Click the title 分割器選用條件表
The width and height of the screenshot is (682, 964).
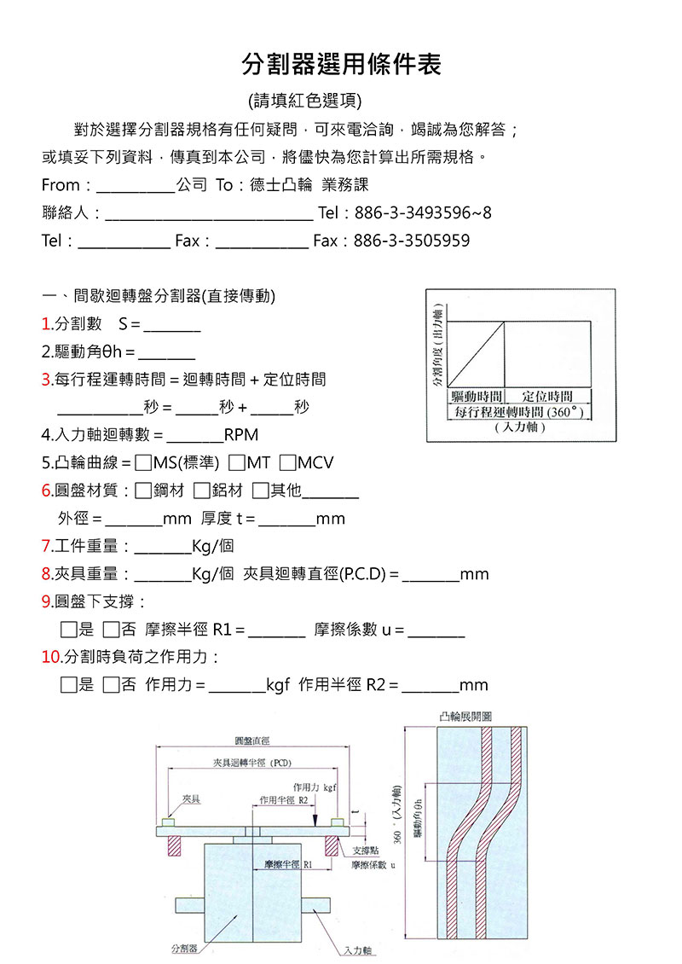[x=341, y=63]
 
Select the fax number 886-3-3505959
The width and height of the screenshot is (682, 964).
[x=412, y=241]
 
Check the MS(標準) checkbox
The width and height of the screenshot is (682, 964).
[x=143, y=463]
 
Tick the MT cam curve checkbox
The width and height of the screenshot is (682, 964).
[x=236, y=463]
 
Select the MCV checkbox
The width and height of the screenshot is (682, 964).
[x=287, y=463]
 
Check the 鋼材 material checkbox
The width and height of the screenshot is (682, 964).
[x=143, y=491]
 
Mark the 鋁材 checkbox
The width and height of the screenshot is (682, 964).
[x=201, y=491]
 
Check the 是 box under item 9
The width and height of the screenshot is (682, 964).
[x=70, y=630]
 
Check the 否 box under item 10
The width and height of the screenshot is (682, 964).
[x=111, y=685]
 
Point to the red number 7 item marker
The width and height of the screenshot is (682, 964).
[x=46, y=546]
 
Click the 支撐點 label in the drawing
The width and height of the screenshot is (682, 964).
[x=367, y=851]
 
